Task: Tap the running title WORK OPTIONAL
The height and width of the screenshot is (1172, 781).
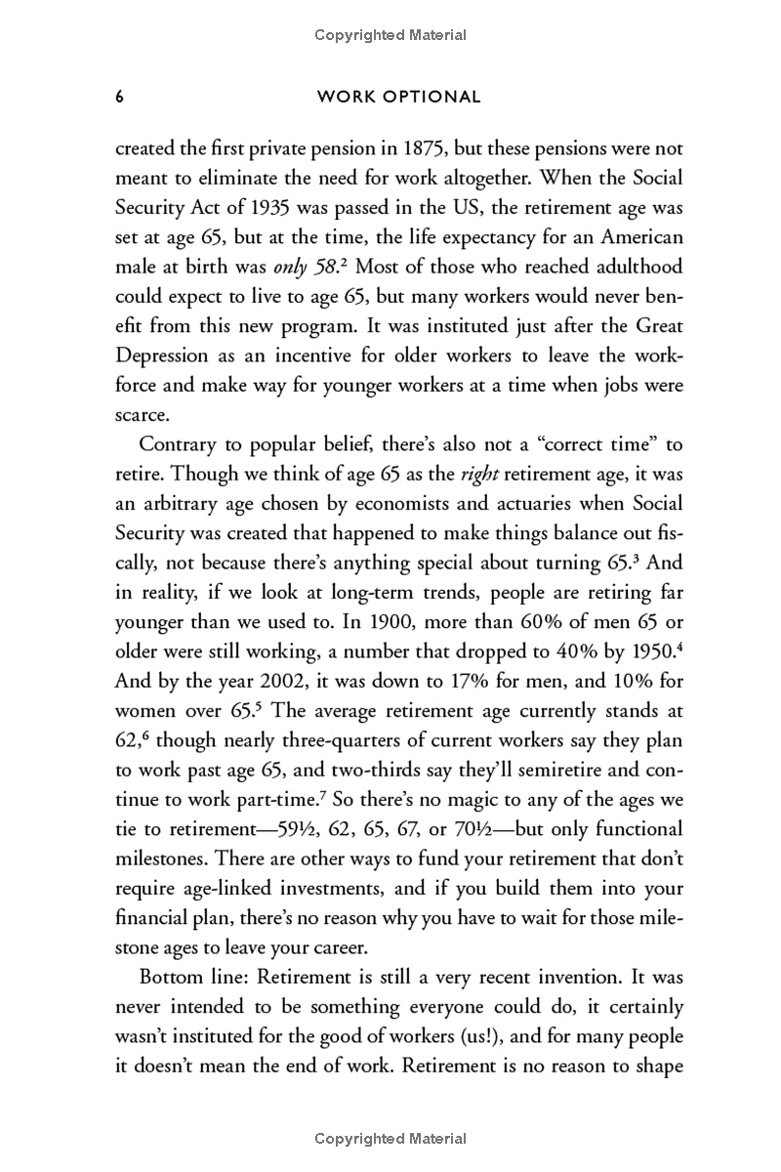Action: click(x=399, y=97)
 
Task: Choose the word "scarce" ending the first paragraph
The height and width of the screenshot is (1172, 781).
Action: click(x=143, y=413)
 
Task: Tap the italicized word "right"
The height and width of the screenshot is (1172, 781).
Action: click(x=480, y=474)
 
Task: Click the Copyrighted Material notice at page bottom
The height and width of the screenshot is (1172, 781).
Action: click(x=390, y=1139)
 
